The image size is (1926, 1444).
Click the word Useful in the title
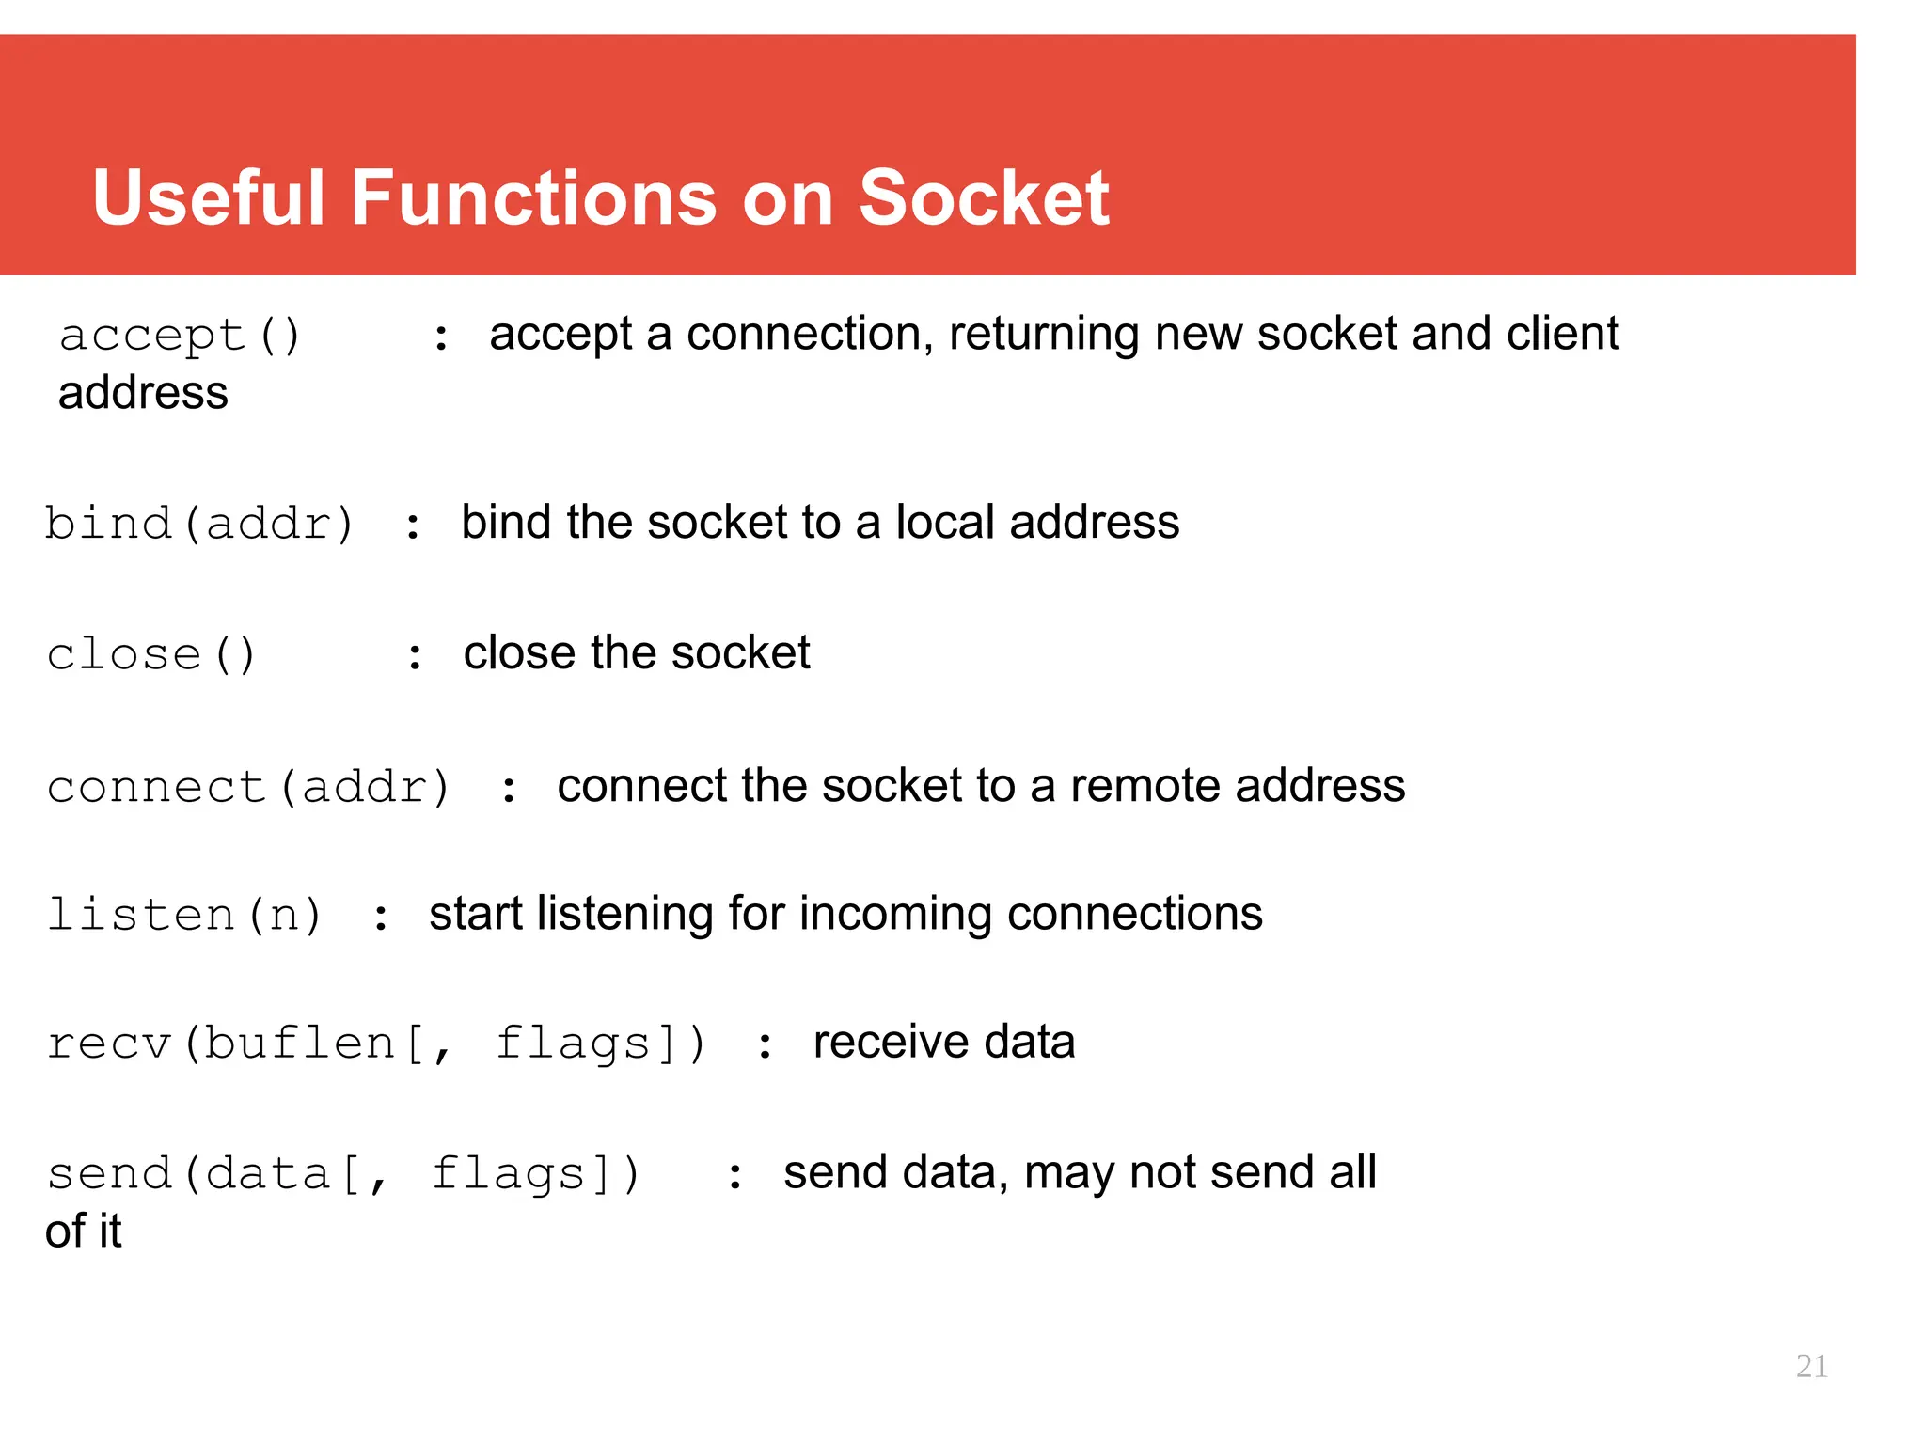(x=209, y=198)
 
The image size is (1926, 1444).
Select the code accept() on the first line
(x=180, y=336)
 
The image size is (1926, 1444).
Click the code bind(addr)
(x=199, y=524)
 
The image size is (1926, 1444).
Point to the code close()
(x=151, y=654)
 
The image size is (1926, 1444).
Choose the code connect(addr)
(x=249, y=787)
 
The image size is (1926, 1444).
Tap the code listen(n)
(x=185, y=915)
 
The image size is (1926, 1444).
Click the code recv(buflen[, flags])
(x=376, y=1044)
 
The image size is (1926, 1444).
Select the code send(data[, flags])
(x=343, y=1174)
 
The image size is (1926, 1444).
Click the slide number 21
(x=1811, y=1366)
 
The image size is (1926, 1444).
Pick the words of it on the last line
(x=84, y=1231)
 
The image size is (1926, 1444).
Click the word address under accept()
(x=143, y=393)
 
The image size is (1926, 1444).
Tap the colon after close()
(x=415, y=656)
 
